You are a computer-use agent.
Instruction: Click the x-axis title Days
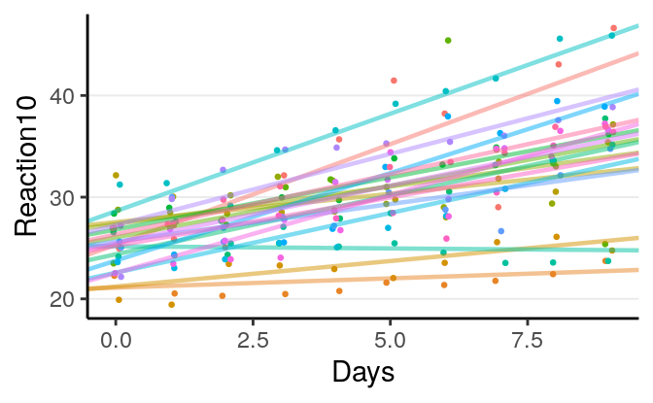[362, 372]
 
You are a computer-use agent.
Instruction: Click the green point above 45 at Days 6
[448, 41]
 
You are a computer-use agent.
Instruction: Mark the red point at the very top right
[613, 28]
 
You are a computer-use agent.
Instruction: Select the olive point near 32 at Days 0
[116, 176]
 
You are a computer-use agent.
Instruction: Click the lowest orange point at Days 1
[171, 304]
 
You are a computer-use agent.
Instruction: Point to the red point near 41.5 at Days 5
[394, 81]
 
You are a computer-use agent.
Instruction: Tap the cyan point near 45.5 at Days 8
[560, 39]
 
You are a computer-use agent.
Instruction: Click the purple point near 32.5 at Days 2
[223, 170]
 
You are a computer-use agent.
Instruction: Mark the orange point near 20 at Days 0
[119, 299]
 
